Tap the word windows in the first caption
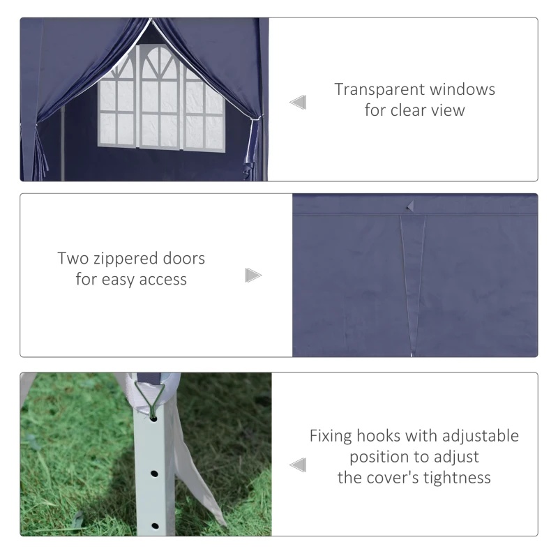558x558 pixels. pyautogui.click(x=462, y=89)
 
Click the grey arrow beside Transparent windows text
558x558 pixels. pyautogui.click(x=298, y=103)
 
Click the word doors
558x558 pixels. pyautogui.click(x=183, y=258)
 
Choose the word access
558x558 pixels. pyautogui.click(x=163, y=280)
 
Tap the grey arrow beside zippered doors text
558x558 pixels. pyautogui.click(x=253, y=276)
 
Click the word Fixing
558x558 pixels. pyautogui.click(x=331, y=437)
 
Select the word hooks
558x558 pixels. pyautogui.click(x=379, y=436)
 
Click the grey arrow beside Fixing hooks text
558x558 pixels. pyautogui.click(x=298, y=465)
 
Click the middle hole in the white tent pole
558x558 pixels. pyautogui.click(x=154, y=474)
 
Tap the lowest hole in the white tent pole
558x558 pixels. pyautogui.click(x=155, y=526)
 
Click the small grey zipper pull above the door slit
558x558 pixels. pyautogui.click(x=410, y=206)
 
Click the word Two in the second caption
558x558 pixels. pyautogui.click(x=73, y=258)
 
